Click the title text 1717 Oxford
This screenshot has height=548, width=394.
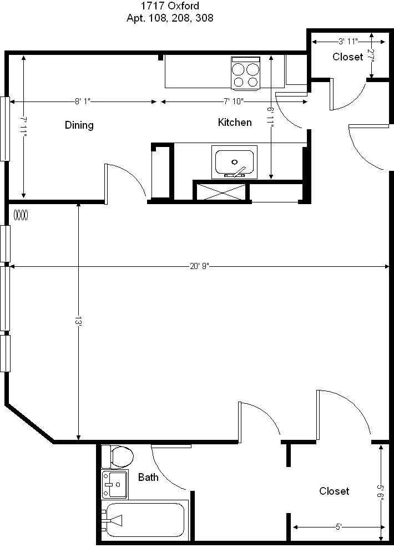tap(170, 7)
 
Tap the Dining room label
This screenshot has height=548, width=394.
tap(79, 125)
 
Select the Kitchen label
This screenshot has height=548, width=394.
tap(235, 122)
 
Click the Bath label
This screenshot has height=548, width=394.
tap(148, 477)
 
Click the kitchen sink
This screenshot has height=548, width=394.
tap(235, 162)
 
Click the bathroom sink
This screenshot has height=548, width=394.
tap(115, 485)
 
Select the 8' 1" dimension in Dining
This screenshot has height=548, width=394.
tap(82, 102)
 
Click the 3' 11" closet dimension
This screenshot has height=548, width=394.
tap(347, 41)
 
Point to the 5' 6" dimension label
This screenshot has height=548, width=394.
tap(381, 491)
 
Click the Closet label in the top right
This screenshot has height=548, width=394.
tap(348, 57)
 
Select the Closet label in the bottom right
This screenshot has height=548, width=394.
tap(334, 491)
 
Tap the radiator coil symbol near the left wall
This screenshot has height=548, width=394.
tap(21, 215)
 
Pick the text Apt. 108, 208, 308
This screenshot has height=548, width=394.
tap(170, 18)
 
